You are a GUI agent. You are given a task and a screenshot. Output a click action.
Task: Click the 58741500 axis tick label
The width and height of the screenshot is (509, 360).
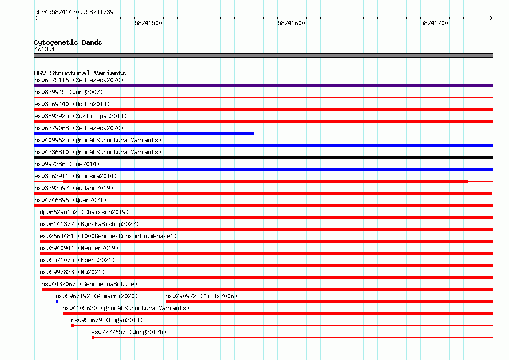coord(148,23)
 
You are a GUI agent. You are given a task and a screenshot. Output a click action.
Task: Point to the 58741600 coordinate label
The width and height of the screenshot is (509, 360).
coord(291,23)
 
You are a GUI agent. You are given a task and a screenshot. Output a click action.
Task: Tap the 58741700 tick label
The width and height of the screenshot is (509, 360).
coord(434,23)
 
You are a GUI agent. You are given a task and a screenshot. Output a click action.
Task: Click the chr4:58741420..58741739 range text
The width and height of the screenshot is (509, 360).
coord(74,13)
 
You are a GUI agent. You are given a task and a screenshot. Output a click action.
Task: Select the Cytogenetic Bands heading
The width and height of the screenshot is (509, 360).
coord(68,42)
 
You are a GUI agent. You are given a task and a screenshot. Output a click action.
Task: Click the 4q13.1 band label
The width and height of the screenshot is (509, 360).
coord(45,49)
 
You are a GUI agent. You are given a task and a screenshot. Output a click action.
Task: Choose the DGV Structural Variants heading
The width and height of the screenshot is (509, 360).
coord(80,73)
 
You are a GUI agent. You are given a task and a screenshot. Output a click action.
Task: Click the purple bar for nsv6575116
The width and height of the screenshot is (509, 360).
coord(263,86)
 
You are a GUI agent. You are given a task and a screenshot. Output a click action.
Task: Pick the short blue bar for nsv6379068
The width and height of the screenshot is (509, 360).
coord(144,134)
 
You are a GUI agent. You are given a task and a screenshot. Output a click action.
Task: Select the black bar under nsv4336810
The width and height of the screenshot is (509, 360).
coord(263,158)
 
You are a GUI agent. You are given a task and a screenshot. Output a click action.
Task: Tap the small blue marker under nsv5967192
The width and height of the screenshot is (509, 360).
coord(57,302)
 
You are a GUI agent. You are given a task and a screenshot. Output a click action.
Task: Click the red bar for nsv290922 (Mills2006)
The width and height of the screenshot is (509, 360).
coord(329,302)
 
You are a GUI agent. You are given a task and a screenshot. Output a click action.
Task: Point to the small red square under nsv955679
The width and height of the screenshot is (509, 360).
coord(73,326)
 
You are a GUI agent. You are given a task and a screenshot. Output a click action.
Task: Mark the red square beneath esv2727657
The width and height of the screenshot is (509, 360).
coord(93,338)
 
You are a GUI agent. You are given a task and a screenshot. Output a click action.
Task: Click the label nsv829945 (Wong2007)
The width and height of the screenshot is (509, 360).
coord(69,92)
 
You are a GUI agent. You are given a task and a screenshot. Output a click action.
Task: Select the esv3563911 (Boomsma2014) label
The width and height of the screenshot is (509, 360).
coord(75,176)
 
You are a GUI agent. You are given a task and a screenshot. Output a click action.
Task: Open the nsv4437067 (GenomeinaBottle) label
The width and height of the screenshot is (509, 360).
coord(89,284)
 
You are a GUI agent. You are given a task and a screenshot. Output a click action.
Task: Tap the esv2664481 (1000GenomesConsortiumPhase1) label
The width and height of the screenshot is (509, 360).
coord(108,236)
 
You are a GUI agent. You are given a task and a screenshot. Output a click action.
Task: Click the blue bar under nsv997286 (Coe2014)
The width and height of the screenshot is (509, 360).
coord(263,170)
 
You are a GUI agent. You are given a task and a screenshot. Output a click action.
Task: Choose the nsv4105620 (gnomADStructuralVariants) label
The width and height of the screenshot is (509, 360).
coord(126,308)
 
